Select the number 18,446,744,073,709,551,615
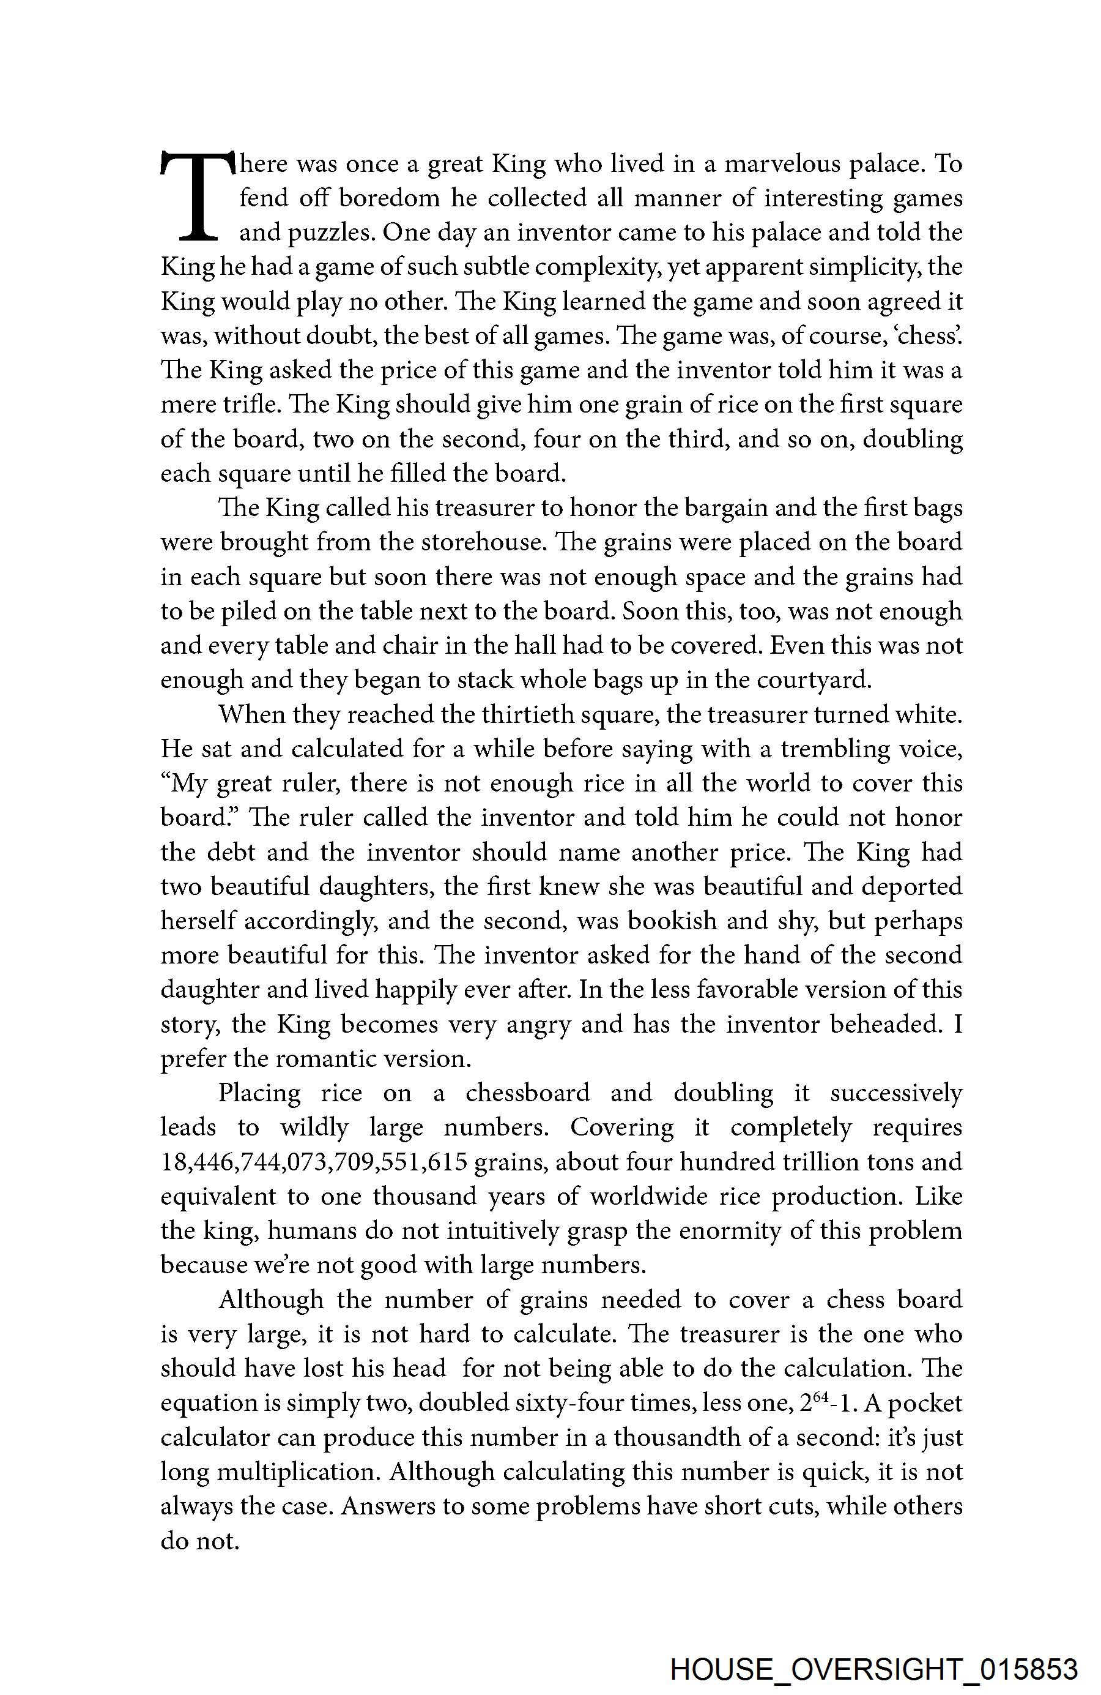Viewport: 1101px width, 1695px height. tap(314, 1162)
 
